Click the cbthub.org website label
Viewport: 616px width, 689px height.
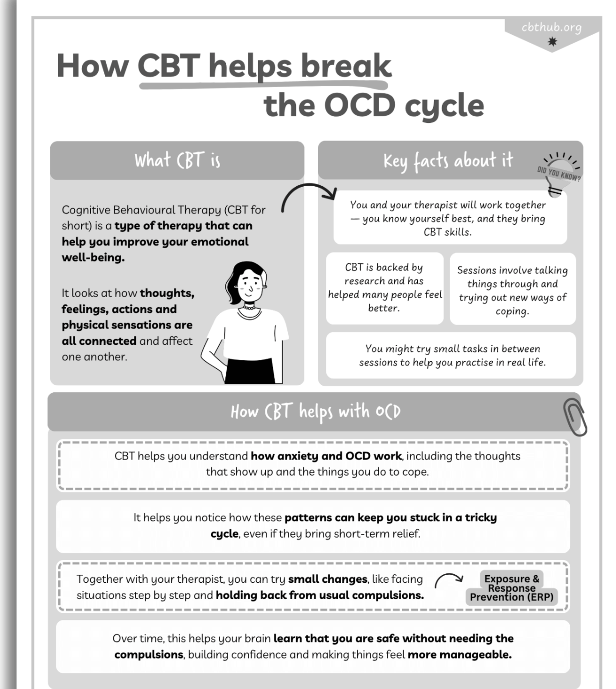[551, 28]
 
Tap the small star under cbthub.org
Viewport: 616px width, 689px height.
[552, 42]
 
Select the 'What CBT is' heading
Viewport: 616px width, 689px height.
[177, 160]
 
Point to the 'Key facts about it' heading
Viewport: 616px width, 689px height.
[448, 160]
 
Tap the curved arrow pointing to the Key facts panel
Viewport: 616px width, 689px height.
[308, 195]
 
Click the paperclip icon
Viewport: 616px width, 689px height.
[575, 417]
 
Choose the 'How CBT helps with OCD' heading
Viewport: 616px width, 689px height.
[315, 412]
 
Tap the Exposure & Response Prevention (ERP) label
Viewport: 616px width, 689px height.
[511, 588]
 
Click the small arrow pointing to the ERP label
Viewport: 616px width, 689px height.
[448, 579]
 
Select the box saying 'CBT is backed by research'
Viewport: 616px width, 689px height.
[384, 288]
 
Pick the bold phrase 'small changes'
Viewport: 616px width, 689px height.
[328, 579]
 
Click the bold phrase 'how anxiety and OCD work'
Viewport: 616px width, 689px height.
[326, 456]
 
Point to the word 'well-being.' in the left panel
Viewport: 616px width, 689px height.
[93, 258]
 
